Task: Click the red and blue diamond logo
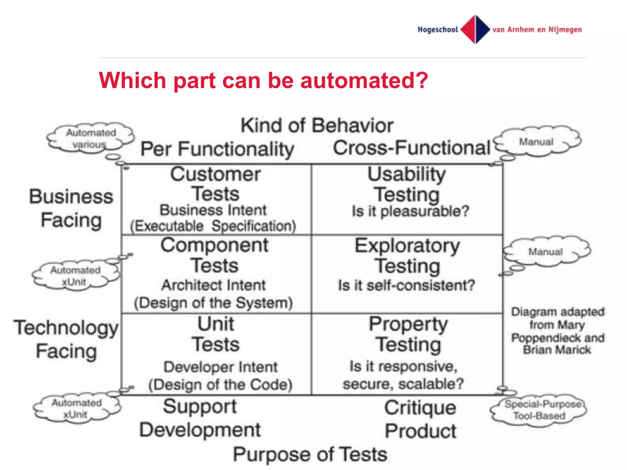[475, 29]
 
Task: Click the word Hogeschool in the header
[437, 30]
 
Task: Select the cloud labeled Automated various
[91, 138]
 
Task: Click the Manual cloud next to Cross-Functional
[536, 142]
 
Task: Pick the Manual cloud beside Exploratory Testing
[546, 252]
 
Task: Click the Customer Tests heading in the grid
[216, 184]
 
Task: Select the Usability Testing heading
[407, 184]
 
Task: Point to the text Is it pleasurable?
[410, 211]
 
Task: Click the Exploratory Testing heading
[407, 256]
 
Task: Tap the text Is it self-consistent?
[406, 285]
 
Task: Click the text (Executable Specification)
[213, 226]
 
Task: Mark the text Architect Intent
[213, 285]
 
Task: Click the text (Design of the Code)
[220, 385]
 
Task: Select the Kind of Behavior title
[317, 125]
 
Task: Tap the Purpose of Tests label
[310, 454]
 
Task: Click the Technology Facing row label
[66, 339]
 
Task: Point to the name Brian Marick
[557, 350]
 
